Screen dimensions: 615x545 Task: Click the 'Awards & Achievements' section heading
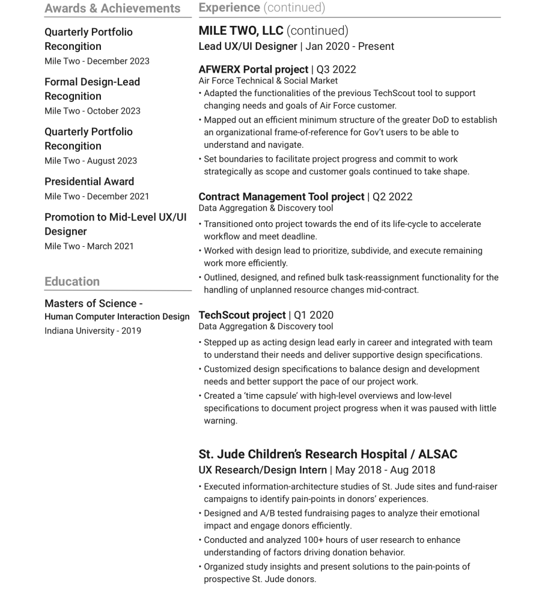point(112,8)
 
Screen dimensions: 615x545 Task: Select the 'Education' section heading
point(72,282)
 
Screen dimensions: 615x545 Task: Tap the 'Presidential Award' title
point(89,181)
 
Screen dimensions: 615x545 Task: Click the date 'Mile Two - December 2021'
point(97,196)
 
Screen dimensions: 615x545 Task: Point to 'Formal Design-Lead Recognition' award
point(92,89)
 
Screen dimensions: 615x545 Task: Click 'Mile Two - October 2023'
point(93,111)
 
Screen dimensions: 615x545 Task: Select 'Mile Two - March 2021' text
point(89,246)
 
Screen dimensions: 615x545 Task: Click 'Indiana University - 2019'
point(93,331)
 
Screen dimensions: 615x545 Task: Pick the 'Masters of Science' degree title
point(93,303)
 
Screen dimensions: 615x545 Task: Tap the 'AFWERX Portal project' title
point(253,70)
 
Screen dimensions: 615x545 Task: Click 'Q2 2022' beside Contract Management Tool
point(392,197)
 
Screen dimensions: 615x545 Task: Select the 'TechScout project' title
point(242,315)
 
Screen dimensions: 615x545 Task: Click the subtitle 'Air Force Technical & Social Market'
point(268,80)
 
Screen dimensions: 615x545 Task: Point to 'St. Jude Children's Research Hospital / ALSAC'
point(327,455)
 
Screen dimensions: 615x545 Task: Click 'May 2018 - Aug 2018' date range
point(385,470)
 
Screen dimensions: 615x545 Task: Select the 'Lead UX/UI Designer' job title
point(248,46)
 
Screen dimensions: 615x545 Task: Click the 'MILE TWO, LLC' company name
point(241,31)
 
